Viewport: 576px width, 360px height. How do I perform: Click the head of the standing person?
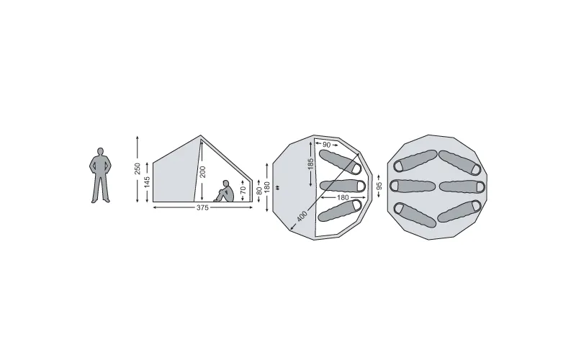[x=100, y=151]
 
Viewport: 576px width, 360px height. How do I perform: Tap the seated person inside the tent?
[x=224, y=191]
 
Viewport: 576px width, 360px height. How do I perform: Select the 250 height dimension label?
[x=138, y=168]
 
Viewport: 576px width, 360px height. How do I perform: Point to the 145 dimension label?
[x=147, y=182]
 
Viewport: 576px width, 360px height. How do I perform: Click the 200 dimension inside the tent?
[x=203, y=172]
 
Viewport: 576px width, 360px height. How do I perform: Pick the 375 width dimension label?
[x=202, y=208]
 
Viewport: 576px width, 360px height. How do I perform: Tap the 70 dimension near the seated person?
[x=243, y=190]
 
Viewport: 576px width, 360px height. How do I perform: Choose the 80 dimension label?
[x=259, y=191]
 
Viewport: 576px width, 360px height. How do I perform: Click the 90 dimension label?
[x=327, y=145]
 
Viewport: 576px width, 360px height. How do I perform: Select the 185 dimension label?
[x=311, y=164]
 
